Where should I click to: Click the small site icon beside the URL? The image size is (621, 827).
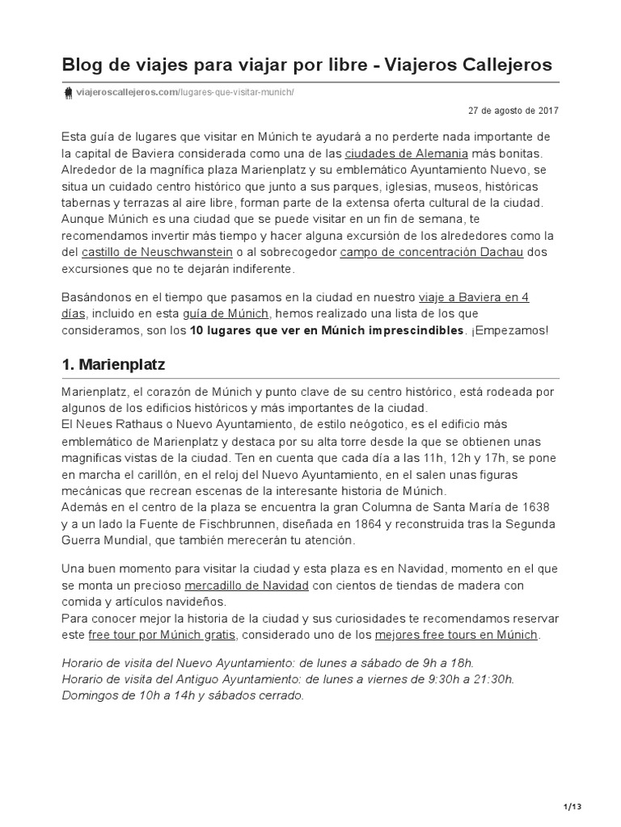[68, 92]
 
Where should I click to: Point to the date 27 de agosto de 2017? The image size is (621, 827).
[513, 111]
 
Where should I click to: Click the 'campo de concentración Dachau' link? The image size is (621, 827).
[431, 252]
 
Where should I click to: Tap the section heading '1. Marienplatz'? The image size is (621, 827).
[113, 365]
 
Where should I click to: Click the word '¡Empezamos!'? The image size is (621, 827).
[510, 331]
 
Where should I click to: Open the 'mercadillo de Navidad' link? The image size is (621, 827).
[247, 585]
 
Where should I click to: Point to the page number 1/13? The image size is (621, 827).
[571, 806]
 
